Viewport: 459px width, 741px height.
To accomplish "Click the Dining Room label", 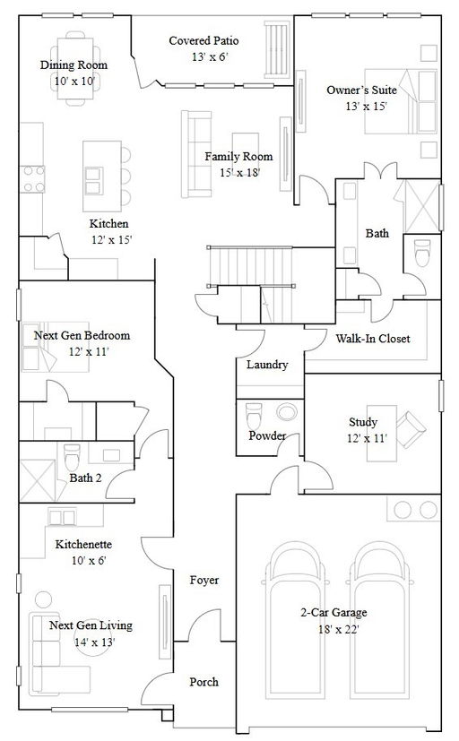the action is [x=74, y=65].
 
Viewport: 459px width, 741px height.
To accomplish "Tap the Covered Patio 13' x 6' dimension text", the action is [x=210, y=57].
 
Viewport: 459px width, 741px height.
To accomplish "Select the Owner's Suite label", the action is [x=361, y=90].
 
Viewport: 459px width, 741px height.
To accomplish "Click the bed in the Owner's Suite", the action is [x=401, y=101].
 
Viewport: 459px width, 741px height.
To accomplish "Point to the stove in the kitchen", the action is [x=32, y=179].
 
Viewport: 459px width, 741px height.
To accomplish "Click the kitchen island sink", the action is [x=92, y=180].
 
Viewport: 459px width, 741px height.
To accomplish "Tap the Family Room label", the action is [x=238, y=157].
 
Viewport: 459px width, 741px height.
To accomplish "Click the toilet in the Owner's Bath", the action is [x=422, y=254].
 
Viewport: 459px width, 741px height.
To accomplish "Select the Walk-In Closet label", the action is [x=373, y=339].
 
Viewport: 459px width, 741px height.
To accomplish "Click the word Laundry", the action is [x=267, y=365].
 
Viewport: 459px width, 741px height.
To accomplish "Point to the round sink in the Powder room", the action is [x=287, y=411].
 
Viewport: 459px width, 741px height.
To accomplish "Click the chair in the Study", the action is [x=411, y=429].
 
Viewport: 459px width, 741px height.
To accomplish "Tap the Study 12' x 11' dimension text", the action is [x=367, y=438].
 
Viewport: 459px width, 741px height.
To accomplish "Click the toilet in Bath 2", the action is [x=73, y=458].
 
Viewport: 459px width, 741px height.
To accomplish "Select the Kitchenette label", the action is [x=83, y=545].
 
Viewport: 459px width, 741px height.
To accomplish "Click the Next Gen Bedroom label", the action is [x=82, y=335].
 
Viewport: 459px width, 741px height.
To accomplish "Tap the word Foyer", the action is [x=204, y=581].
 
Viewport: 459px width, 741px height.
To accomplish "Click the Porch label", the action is [x=204, y=682].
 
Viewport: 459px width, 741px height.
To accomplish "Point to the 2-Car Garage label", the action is [x=333, y=613].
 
